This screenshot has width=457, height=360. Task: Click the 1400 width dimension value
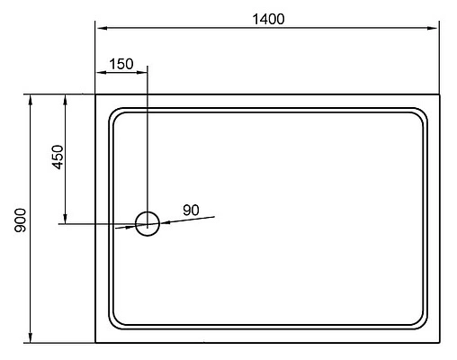tap(267, 20)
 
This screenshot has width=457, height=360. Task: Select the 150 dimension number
tap(121, 64)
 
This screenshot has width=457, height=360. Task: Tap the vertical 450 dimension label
tap(56, 158)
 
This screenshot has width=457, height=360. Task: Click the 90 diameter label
tap(191, 210)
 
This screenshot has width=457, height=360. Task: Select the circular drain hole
tap(147, 223)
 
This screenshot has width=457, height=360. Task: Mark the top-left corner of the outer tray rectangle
tap(96, 94)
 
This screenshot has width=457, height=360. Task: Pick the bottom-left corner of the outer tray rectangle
tap(96, 343)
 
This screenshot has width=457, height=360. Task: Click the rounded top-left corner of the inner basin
tap(114, 113)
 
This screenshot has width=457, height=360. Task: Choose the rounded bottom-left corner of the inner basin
tap(114, 323)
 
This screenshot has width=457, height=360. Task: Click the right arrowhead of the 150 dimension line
tap(142, 72)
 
